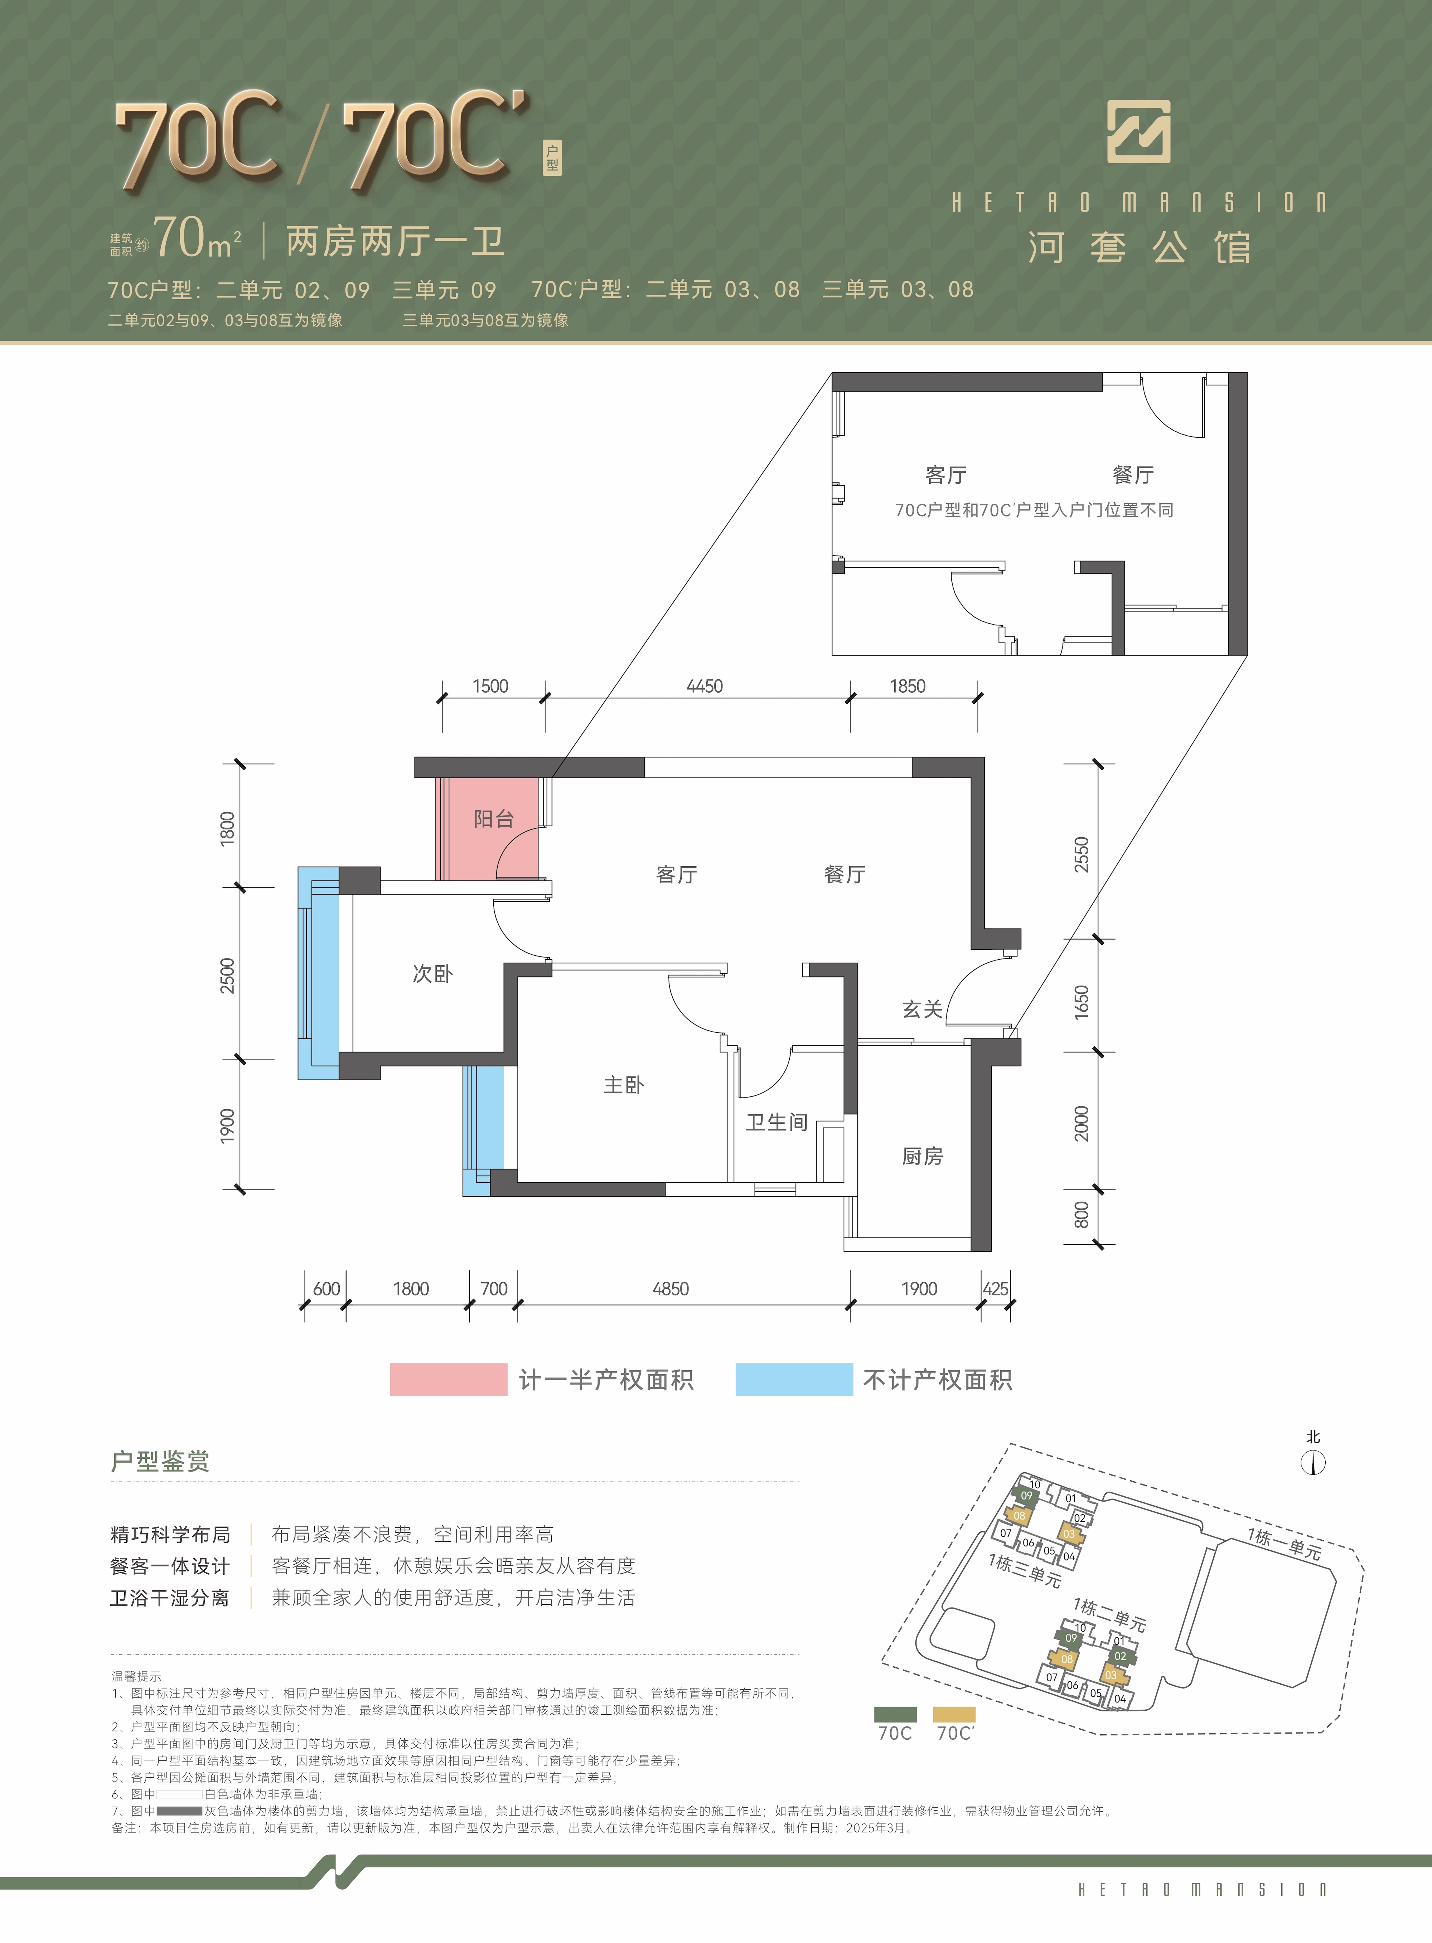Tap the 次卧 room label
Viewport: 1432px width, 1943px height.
(432, 973)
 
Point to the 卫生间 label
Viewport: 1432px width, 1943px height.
(777, 1122)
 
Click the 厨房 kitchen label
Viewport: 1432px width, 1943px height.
(922, 1156)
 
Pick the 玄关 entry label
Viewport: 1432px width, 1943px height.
(922, 1009)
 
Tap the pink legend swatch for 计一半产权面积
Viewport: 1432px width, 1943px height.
(448, 1379)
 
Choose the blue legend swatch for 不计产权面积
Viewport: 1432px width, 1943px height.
(794, 1379)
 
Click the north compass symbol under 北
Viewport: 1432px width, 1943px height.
(1313, 1463)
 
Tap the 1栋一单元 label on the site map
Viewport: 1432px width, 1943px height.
(1285, 1544)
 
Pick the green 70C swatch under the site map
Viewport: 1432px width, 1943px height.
(895, 1714)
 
